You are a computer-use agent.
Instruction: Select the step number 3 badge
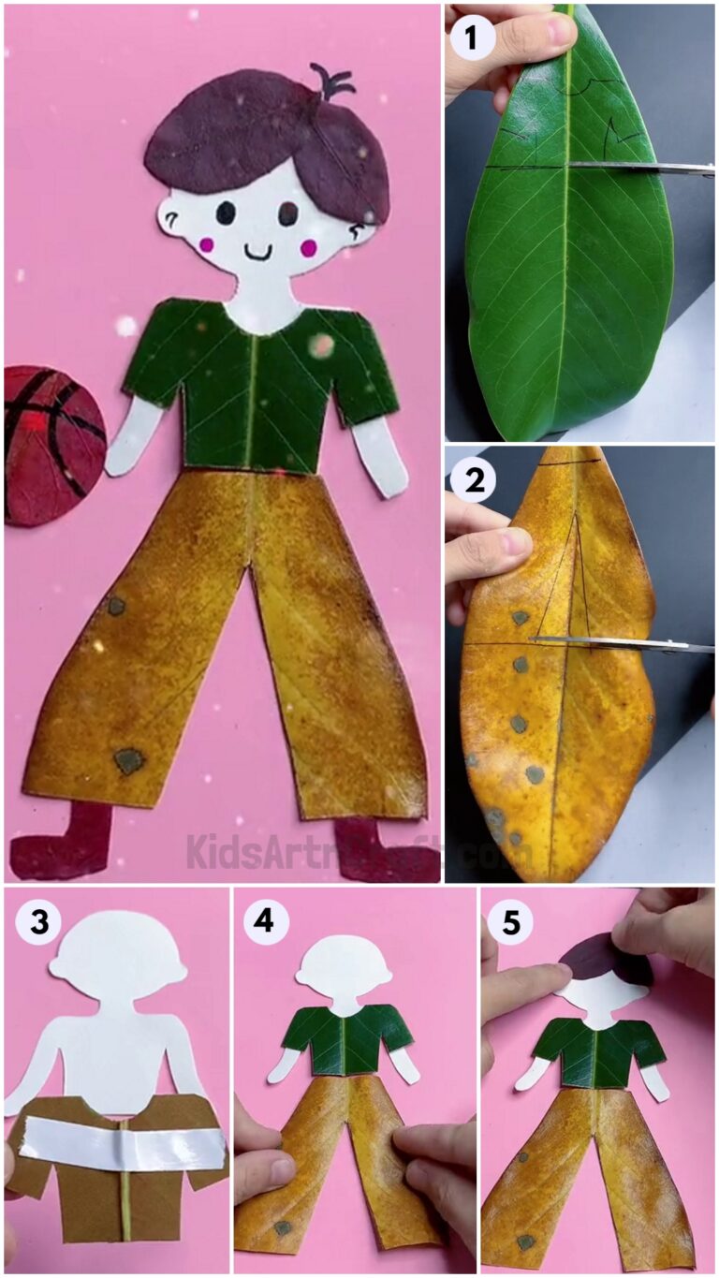tap(38, 921)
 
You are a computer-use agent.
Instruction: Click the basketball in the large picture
tap(51, 444)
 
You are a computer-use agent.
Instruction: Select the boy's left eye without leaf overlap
tap(226, 213)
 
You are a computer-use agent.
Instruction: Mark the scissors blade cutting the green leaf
tap(637, 168)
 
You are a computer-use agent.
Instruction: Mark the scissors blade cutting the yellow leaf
tap(618, 643)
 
